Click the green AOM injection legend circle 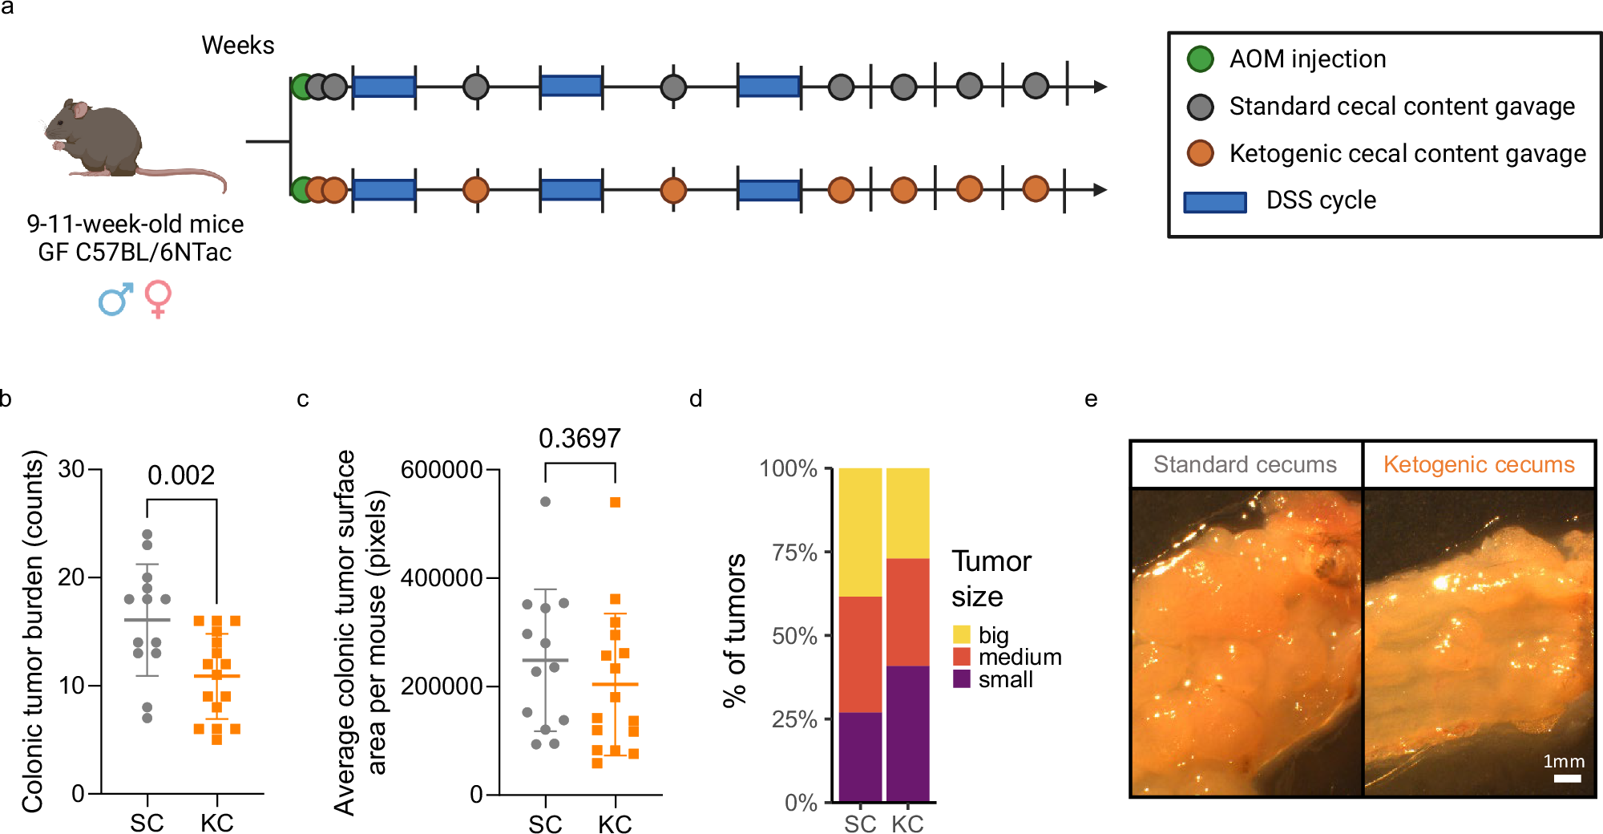point(1200,59)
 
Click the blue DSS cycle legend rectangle point(1215,202)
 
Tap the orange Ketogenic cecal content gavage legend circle point(1200,153)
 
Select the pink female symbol point(158,298)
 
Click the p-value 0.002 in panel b point(181,476)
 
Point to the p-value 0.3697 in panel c point(579,439)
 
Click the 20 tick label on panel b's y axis point(71,577)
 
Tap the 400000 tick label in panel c point(442,577)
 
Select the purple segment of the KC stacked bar point(907,733)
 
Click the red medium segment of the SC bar point(860,654)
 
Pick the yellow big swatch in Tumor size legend point(962,635)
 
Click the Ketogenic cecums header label point(1479,465)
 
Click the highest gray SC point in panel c point(545,502)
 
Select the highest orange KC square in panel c point(616,503)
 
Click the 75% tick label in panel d point(794,553)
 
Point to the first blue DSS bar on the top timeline point(384,87)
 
